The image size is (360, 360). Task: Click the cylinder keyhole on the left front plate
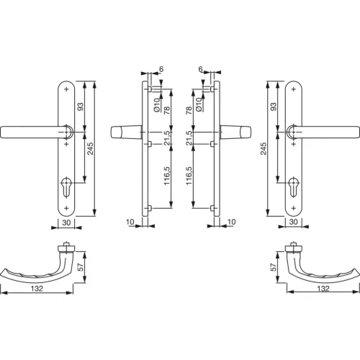[66, 183]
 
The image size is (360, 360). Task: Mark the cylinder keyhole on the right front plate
[293, 183]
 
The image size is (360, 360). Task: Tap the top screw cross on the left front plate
[66, 89]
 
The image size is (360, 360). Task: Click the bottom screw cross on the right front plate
[293, 207]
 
